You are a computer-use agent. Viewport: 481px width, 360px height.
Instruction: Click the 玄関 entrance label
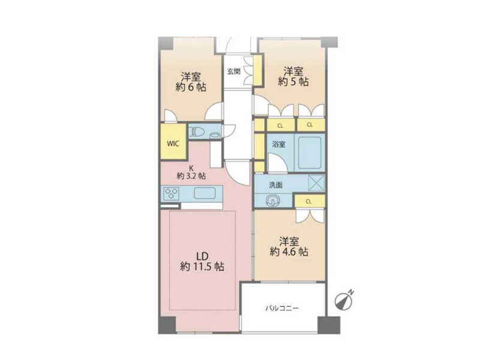[234, 71]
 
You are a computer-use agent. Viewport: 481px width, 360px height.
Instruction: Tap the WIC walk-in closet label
[173, 143]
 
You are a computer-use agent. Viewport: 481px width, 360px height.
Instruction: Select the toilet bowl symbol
[197, 132]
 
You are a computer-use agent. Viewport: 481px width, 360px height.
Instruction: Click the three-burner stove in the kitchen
[171, 193]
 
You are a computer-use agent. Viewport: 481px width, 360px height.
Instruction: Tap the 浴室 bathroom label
[278, 144]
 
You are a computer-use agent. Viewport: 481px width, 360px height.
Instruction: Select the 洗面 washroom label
[275, 185]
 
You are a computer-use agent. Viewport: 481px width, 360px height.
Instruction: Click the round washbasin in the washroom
[273, 201]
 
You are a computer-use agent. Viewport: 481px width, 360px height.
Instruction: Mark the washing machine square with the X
[316, 183]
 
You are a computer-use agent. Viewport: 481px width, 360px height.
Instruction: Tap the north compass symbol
[344, 300]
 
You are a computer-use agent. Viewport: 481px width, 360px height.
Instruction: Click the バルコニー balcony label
[282, 308]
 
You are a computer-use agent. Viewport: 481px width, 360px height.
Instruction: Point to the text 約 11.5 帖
[202, 266]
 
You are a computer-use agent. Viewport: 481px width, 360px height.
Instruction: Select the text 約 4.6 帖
[289, 251]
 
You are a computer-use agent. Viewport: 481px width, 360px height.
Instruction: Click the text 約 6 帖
[191, 87]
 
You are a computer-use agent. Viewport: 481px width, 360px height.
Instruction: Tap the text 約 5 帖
[293, 82]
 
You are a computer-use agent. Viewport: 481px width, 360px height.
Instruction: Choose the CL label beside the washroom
[309, 202]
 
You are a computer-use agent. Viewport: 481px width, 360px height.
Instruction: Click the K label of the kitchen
[191, 168]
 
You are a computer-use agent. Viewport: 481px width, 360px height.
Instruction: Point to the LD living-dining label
[203, 256]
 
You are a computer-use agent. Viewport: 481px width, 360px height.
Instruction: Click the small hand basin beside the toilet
[214, 135]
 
